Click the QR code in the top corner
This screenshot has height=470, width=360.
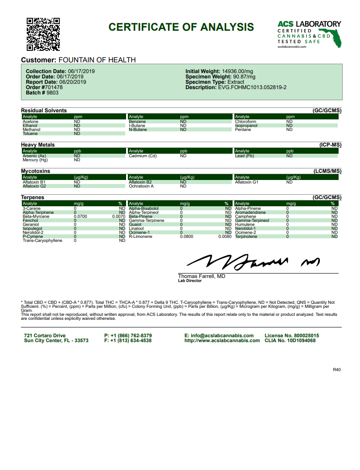coord(43,34)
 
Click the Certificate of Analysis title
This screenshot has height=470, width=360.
coord(181,27)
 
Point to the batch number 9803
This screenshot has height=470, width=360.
coord(52,93)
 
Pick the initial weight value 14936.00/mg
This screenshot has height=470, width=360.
coord(237,71)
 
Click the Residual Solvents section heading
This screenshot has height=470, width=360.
coord(44,110)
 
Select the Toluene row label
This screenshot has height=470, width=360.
coord(30,134)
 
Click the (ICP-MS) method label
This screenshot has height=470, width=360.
coord(330,145)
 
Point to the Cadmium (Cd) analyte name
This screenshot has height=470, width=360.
coord(143,156)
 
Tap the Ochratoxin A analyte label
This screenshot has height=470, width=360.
coord(141,186)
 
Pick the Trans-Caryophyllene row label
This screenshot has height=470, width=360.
coord(42,241)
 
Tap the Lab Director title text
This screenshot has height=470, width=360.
coord(190,281)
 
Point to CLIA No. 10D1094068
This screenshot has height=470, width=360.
coord(290,340)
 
